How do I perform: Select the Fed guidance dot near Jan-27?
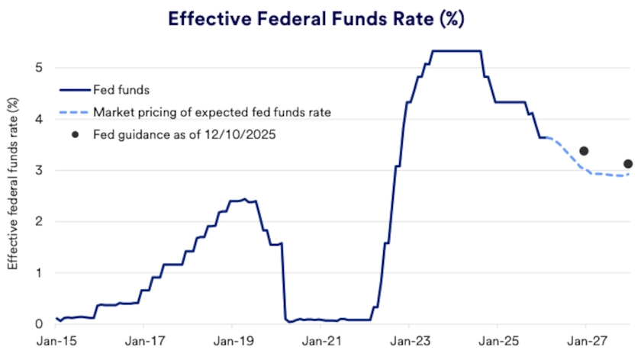(x=584, y=151)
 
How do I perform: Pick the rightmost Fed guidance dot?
(x=628, y=164)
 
